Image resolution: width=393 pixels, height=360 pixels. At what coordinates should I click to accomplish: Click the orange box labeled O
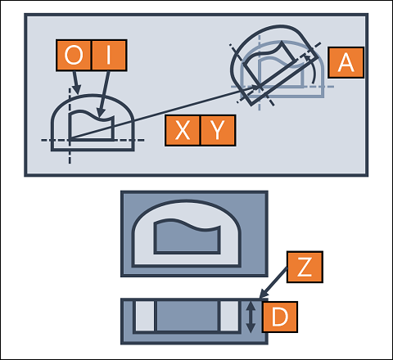[74, 55]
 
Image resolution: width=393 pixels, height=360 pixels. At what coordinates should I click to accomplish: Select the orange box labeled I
[109, 55]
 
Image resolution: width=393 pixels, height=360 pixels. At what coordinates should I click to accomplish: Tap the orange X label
[183, 130]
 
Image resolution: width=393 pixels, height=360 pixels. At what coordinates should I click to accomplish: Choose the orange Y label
[218, 130]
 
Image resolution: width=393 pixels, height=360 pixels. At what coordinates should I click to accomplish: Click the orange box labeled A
[346, 62]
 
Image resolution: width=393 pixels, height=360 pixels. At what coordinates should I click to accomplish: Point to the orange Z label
[305, 267]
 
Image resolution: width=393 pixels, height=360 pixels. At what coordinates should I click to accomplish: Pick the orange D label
[280, 317]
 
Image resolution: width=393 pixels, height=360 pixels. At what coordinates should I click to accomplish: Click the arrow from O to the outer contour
[76, 83]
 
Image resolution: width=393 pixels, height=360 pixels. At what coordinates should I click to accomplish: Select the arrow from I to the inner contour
[104, 94]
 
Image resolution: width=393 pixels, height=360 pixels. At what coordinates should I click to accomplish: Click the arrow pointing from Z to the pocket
[273, 283]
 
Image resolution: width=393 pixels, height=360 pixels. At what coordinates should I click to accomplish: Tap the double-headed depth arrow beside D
[251, 317]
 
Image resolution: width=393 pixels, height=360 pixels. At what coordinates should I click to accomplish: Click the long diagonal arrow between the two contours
[165, 113]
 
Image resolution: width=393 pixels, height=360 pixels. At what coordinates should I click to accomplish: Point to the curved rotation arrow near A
[313, 68]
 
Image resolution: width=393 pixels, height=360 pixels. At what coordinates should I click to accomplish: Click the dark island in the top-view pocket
[187, 238]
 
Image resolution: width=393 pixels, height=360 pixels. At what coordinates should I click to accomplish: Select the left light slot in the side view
[145, 317]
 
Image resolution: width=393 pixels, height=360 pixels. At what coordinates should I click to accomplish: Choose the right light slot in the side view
[229, 317]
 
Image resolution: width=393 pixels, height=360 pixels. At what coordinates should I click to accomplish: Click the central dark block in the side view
[187, 317]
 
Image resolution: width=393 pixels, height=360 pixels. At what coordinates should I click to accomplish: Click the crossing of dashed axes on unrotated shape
[70, 140]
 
